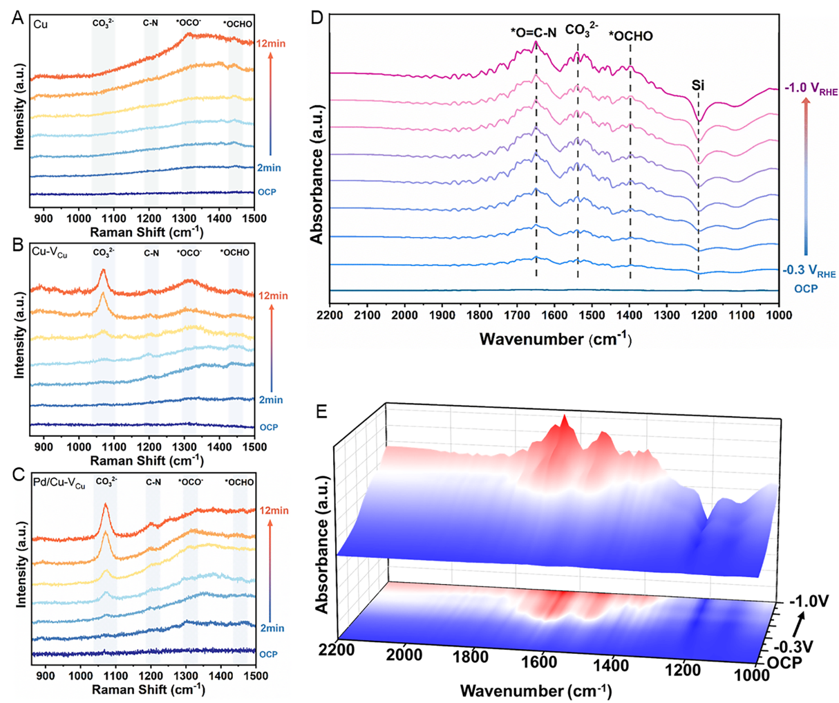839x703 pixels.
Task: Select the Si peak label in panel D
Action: pyautogui.click(x=698, y=86)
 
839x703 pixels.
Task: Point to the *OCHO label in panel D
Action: pyautogui.click(x=630, y=36)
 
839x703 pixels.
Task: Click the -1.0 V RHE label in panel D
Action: pyautogui.click(x=809, y=90)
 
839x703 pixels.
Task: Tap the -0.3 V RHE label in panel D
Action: pyautogui.click(x=809, y=272)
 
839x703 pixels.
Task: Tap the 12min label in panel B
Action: pyautogui.click(x=273, y=296)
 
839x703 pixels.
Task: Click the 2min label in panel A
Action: pyautogui.click(x=270, y=168)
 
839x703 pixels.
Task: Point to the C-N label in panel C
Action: pyautogui.click(x=153, y=482)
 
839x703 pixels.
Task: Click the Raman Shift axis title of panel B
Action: pyautogui.click(x=147, y=460)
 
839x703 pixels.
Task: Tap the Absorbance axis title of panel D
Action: pyautogui.click(x=317, y=174)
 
